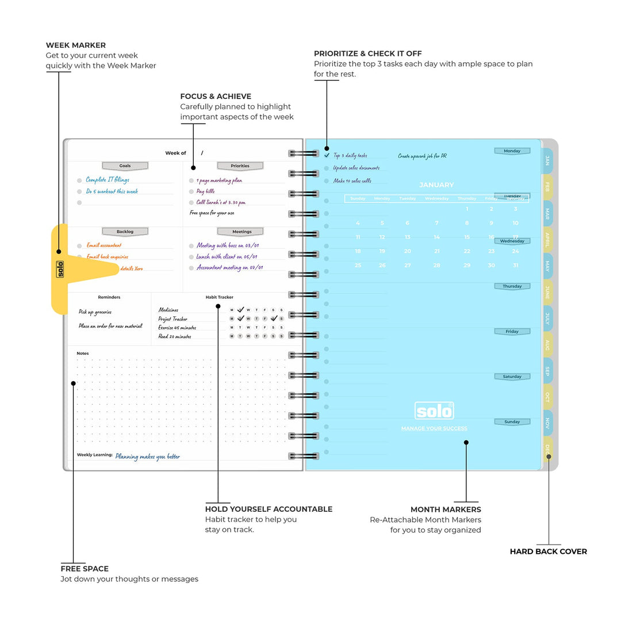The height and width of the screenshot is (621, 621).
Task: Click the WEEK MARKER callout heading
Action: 76,45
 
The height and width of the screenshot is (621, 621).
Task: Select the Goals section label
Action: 125,166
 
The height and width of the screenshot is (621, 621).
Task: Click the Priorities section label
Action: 240,166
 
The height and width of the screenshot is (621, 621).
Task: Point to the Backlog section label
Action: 125,232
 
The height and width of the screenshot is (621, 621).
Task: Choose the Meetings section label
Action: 241,232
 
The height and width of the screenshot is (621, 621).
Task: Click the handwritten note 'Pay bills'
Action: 205,191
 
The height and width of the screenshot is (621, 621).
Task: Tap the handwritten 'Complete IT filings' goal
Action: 108,180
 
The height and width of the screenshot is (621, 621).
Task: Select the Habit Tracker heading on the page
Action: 219,297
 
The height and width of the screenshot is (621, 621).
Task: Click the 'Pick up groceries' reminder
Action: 95,312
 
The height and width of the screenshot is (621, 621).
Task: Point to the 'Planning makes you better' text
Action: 147,457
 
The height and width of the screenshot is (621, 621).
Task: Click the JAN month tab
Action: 547,160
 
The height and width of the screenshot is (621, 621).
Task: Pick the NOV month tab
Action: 547,424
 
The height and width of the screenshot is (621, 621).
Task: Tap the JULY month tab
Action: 547,318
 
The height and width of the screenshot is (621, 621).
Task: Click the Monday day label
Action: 512,151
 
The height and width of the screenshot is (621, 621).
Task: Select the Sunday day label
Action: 512,422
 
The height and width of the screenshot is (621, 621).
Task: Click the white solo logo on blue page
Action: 434,411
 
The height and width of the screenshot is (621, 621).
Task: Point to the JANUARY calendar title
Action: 436,185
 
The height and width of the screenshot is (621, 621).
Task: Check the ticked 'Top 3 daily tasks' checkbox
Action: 327,155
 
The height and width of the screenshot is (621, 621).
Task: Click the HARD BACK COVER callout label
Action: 548,551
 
